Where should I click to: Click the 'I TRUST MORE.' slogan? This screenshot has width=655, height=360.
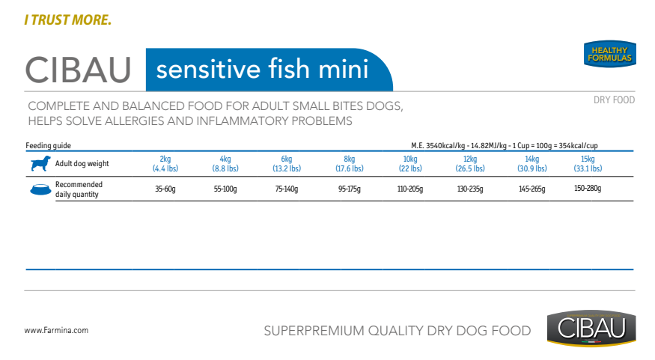tap(67, 20)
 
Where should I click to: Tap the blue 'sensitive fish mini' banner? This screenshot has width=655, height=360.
tap(269, 70)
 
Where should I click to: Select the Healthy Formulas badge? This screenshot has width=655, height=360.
tap(610, 54)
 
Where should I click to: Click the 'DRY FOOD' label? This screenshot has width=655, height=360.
tap(614, 100)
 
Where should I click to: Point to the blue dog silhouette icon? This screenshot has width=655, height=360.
tap(40, 163)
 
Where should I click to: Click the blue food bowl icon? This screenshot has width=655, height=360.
tap(40, 189)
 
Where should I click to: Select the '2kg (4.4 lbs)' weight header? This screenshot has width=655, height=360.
tap(165, 164)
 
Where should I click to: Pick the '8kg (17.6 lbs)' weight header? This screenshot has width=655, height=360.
tap(350, 164)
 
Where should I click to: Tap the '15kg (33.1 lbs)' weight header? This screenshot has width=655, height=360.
tap(588, 164)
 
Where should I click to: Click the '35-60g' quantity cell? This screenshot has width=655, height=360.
tap(165, 189)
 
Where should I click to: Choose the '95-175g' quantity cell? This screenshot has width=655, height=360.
tap(350, 189)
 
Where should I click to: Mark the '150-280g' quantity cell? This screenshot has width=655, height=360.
tap(588, 189)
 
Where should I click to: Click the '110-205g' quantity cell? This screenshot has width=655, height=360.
tap(409, 189)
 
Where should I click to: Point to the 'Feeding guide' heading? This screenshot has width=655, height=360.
tap(48, 145)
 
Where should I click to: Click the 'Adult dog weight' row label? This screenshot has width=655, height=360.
tap(82, 163)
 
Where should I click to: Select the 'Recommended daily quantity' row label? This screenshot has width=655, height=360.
tap(79, 189)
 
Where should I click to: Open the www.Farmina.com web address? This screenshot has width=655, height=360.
tap(56, 330)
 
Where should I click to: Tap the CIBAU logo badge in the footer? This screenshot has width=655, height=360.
tap(591, 329)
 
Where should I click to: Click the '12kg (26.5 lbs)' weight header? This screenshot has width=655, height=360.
tap(470, 164)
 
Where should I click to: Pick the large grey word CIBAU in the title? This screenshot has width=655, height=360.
tap(78, 70)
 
